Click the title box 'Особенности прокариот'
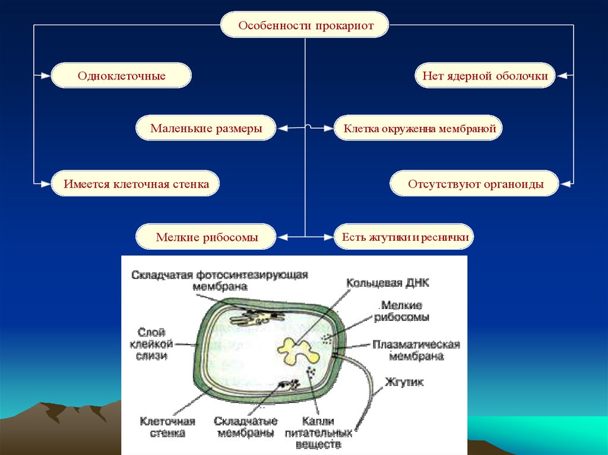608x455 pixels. coord(305,26)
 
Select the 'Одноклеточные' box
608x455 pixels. coord(121,76)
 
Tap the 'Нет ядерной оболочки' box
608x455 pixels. coord(484,76)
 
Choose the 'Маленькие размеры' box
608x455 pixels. coord(206,128)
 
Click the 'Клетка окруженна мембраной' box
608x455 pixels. coord(418,128)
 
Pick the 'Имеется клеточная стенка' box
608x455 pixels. coord(136,184)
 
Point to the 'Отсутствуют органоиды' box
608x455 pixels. coord(475,184)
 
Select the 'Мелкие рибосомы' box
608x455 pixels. coord(207,237)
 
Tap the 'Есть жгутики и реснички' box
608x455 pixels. coord(406,237)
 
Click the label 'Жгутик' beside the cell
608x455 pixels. coord(404,383)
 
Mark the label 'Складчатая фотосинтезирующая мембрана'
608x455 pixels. coord(220,280)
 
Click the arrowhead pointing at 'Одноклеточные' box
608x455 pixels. coord(46,76)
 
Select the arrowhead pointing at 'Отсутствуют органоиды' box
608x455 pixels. coord(565,184)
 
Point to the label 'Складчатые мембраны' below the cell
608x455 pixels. coord(245,427)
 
